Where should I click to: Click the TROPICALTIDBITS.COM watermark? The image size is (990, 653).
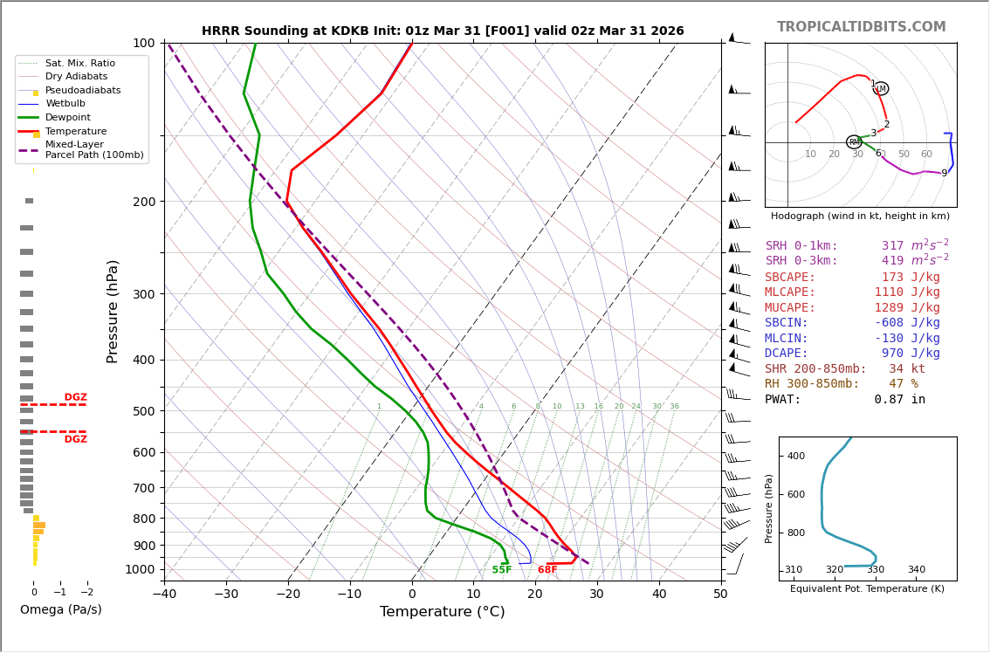[x=861, y=27]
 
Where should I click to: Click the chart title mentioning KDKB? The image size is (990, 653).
[x=443, y=31]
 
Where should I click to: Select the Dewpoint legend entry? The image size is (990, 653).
[x=67, y=117]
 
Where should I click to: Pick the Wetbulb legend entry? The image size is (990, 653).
[x=65, y=104]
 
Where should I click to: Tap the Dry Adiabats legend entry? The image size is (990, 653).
[x=76, y=77]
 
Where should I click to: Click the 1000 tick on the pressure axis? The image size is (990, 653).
[x=139, y=569]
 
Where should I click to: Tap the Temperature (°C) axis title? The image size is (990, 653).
[x=443, y=612]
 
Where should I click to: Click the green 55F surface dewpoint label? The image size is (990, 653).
[x=502, y=570]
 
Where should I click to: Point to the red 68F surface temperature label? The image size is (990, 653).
[x=547, y=570]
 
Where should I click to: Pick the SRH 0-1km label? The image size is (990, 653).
[x=801, y=246]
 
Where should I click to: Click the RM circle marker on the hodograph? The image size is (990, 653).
[x=854, y=142]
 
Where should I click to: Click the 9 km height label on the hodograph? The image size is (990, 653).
[x=944, y=173]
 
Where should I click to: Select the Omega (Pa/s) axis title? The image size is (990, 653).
[x=61, y=609]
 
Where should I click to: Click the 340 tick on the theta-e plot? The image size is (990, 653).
[x=916, y=570]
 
